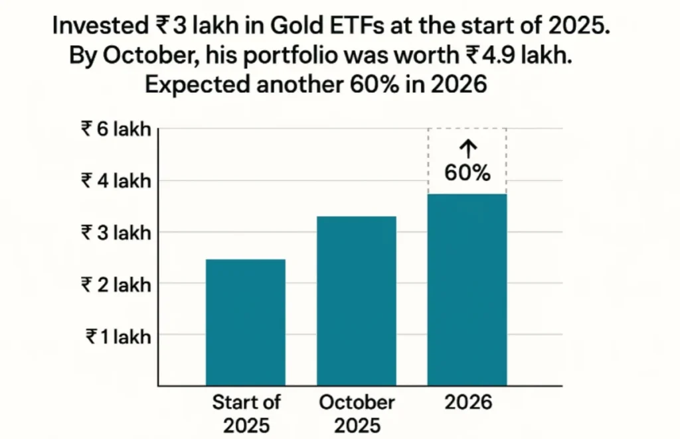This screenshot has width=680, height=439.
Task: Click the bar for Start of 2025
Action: point(246,322)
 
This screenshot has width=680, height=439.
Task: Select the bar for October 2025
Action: point(357,300)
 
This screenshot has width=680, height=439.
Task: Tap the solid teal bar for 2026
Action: point(467,289)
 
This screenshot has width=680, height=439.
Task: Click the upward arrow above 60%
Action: point(467,149)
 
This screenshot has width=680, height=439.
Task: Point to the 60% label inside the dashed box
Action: point(467,173)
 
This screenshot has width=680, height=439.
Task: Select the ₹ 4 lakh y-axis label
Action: point(116,180)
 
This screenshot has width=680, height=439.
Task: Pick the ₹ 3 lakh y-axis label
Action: point(116,232)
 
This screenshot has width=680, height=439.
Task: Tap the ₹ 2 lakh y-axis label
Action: point(116,284)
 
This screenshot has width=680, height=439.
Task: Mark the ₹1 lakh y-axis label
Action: point(118,336)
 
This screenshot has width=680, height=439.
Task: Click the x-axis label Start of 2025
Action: point(246,413)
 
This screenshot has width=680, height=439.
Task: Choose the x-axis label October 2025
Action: point(357,413)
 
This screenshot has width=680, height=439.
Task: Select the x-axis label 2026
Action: point(467,403)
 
